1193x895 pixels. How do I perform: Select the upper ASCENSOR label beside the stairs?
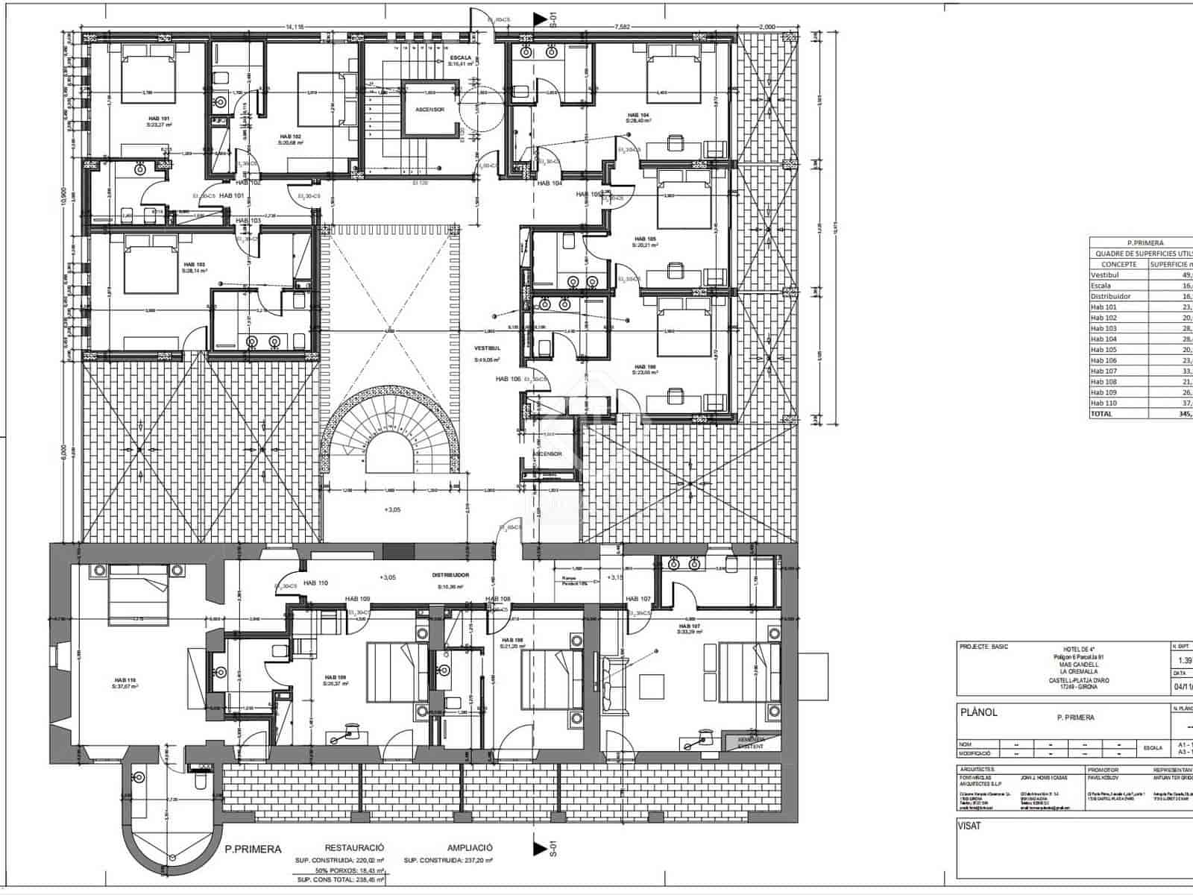pyautogui.click(x=429, y=110)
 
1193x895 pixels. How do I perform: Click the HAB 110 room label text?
pyautogui.click(x=120, y=680)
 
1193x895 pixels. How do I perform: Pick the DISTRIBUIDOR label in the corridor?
pyautogui.click(x=450, y=576)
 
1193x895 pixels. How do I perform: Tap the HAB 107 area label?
pyautogui.click(x=689, y=626)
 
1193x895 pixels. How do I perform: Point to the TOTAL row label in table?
pyautogui.click(x=1101, y=414)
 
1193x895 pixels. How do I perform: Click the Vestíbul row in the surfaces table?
pyautogui.click(x=1104, y=274)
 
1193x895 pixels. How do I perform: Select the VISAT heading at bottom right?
pyautogui.click(x=969, y=826)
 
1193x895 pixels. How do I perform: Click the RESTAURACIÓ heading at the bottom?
pyautogui.click(x=354, y=848)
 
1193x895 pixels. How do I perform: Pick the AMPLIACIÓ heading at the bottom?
pyautogui.click(x=470, y=848)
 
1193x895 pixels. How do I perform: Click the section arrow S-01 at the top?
pyautogui.click(x=539, y=19)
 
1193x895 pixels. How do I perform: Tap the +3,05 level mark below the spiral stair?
pyautogui.click(x=392, y=510)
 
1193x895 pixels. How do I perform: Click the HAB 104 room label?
pyautogui.click(x=638, y=116)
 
